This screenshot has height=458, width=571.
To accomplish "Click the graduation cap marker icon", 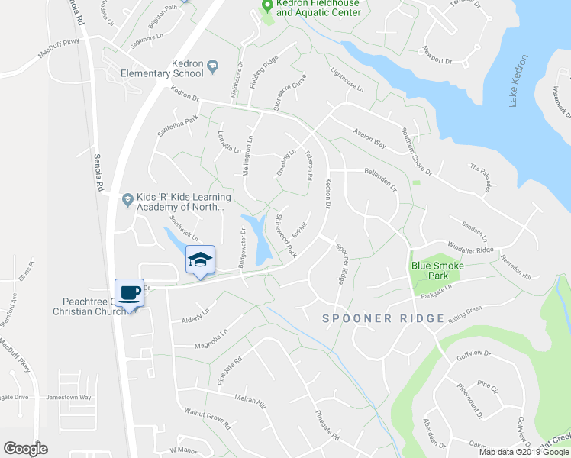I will [x=200, y=260].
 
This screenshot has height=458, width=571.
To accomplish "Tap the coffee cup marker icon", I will [x=129, y=292].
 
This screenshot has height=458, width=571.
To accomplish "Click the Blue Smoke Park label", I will [x=438, y=270].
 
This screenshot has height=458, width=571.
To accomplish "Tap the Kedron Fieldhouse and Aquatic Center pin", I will [x=267, y=6].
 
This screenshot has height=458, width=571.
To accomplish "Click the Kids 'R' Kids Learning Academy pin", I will [x=128, y=200].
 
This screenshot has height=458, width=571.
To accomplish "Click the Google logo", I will [x=24, y=449].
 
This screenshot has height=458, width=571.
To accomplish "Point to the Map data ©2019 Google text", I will [x=524, y=452].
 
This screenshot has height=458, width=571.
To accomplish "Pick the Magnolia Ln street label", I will [x=213, y=337].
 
